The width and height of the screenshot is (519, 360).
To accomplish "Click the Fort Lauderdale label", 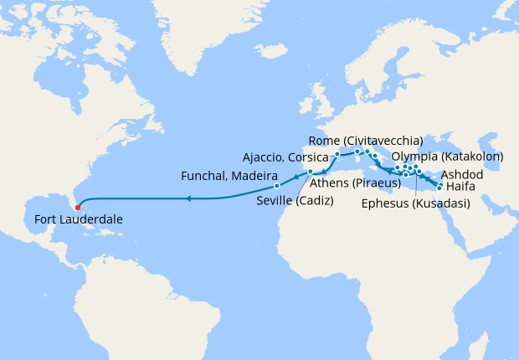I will tap(80, 219).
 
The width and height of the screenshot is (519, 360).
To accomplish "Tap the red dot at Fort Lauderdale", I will tap(77, 205).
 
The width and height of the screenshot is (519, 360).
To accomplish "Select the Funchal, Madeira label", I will tap(229, 176).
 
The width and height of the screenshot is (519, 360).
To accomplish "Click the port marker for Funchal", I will tap(276, 185).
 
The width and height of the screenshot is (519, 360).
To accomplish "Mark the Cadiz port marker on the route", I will tap(310, 172).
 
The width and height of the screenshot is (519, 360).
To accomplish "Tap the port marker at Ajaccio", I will tap(337, 155).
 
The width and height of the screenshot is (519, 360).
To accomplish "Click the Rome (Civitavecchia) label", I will tap(365, 139).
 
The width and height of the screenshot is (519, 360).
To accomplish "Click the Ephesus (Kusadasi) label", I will tap(415, 203).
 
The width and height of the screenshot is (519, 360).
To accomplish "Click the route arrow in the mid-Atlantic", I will tap(188, 198).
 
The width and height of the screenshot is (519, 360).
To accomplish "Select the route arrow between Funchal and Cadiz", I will tap(295, 177).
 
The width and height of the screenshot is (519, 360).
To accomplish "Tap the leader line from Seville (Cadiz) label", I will tap(304, 185).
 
